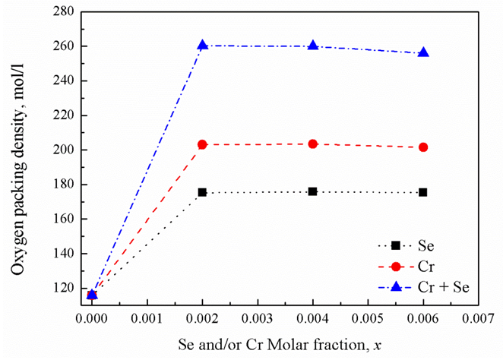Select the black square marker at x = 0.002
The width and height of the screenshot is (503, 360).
point(202,192)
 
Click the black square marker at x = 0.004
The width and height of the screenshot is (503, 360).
point(312,191)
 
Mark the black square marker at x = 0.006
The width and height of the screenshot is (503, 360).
point(423,192)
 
